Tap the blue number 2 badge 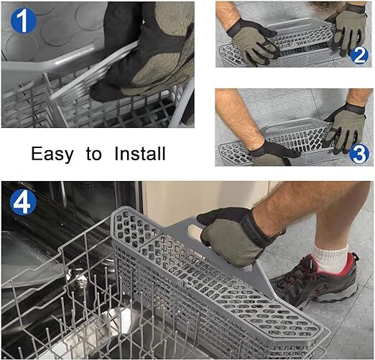359,54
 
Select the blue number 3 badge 359,152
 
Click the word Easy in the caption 52,154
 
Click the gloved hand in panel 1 147,50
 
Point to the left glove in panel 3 273,152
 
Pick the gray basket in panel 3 287,140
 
